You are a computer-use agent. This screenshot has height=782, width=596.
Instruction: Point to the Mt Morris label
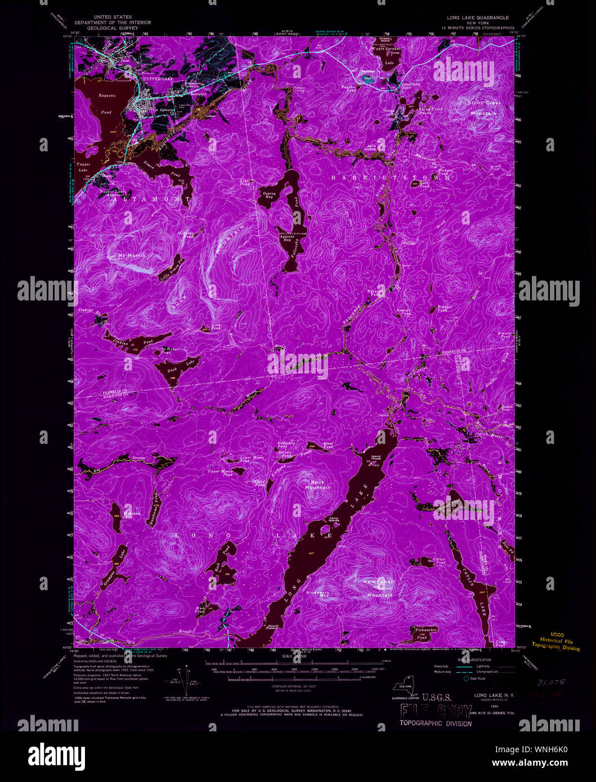(x=131, y=255)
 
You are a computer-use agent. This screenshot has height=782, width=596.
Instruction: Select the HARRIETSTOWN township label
(x=391, y=178)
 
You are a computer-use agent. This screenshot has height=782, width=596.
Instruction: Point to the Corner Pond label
(x=440, y=560)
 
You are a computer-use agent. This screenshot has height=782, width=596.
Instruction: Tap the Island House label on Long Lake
(x=377, y=458)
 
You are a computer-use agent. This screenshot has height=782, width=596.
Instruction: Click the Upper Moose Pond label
(x=220, y=473)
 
